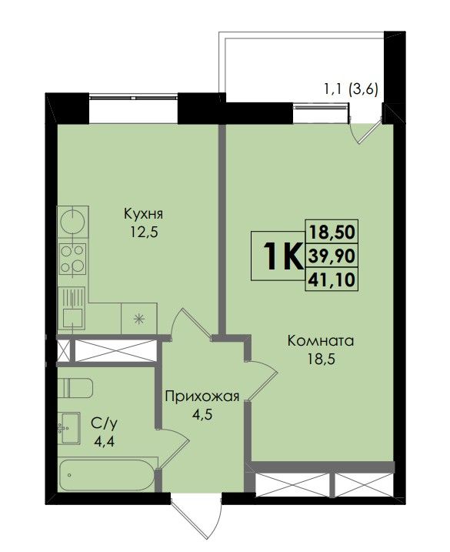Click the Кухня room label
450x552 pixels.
[x=143, y=214]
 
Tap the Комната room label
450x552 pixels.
[x=321, y=341]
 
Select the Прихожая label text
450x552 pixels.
[x=202, y=396]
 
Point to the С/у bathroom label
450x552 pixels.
[x=104, y=424]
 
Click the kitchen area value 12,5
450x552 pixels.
[x=143, y=233]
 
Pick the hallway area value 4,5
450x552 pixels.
[x=202, y=415]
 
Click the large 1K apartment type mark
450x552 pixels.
[x=284, y=256]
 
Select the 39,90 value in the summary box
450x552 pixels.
[x=332, y=256]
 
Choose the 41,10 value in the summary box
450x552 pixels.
[x=332, y=280]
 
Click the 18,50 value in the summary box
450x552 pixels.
[x=332, y=232]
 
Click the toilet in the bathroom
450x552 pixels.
[x=75, y=388]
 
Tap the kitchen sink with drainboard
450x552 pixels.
[x=72, y=309]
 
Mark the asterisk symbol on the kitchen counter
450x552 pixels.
[x=139, y=319]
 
